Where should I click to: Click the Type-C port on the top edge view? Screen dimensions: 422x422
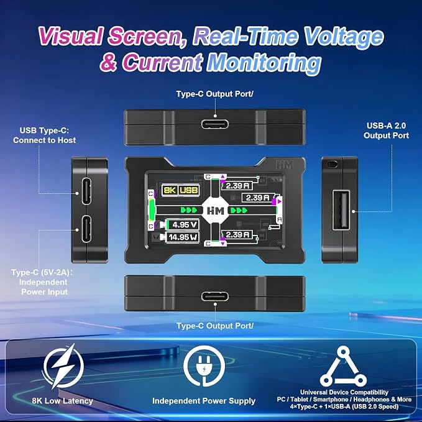[x=215, y=124]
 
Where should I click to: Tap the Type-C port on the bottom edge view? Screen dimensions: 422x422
[x=215, y=296]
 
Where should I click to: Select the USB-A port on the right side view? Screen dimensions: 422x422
[x=341, y=210]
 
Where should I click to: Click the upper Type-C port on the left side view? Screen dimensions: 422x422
[x=86, y=191]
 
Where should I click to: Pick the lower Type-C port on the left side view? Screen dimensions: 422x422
[x=86, y=229]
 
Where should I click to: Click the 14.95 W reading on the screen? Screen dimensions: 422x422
[x=183, y=237]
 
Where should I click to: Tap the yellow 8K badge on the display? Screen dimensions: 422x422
[x=170, y=190]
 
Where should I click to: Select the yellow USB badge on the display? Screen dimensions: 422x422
[x=189, y=190]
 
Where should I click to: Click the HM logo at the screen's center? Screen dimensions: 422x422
[x=215, y=211]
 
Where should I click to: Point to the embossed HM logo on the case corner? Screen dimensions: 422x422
[x=284, y=164]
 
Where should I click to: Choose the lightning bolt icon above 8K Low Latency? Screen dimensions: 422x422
[x=63, y=366]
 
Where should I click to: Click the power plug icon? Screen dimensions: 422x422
[x=204, y=366]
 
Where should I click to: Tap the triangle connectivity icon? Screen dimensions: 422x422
[x=343, y=366]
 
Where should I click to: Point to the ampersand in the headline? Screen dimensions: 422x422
[x=108, y=62]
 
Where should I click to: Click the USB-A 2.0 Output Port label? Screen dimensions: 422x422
[x=386, y=131]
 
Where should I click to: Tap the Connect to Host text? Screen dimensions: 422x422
[x=44, y=140]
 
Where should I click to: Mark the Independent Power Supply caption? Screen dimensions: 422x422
[x=204, y=401]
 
